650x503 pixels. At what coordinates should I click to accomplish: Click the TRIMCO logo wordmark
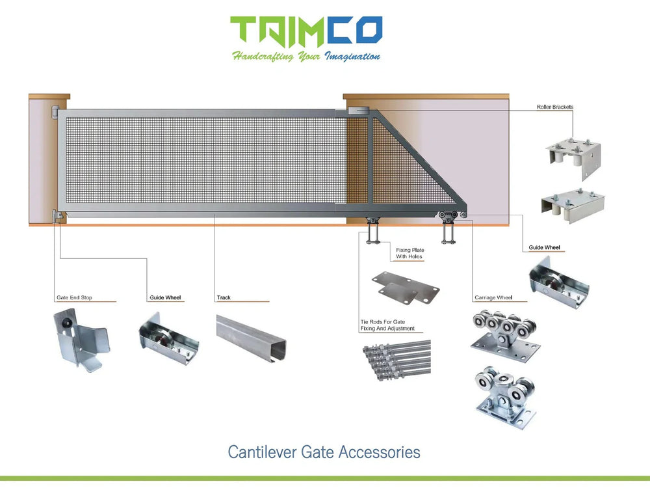click(306, 31)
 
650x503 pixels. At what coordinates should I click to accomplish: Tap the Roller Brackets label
click(554, 107)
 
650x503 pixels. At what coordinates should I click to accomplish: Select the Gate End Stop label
click(74, 297)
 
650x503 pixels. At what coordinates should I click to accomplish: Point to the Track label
click(224, 297)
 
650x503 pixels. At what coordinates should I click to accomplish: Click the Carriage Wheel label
click(493, 297)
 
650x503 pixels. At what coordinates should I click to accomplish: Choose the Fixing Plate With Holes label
click(409, 253)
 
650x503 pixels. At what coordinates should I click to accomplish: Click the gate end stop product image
click(79, 338)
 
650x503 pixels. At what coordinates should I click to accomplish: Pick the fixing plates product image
click(405, 288)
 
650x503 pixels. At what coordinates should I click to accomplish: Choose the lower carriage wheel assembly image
click(504, 394)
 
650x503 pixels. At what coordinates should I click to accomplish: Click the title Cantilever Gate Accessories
click(324, 452)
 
